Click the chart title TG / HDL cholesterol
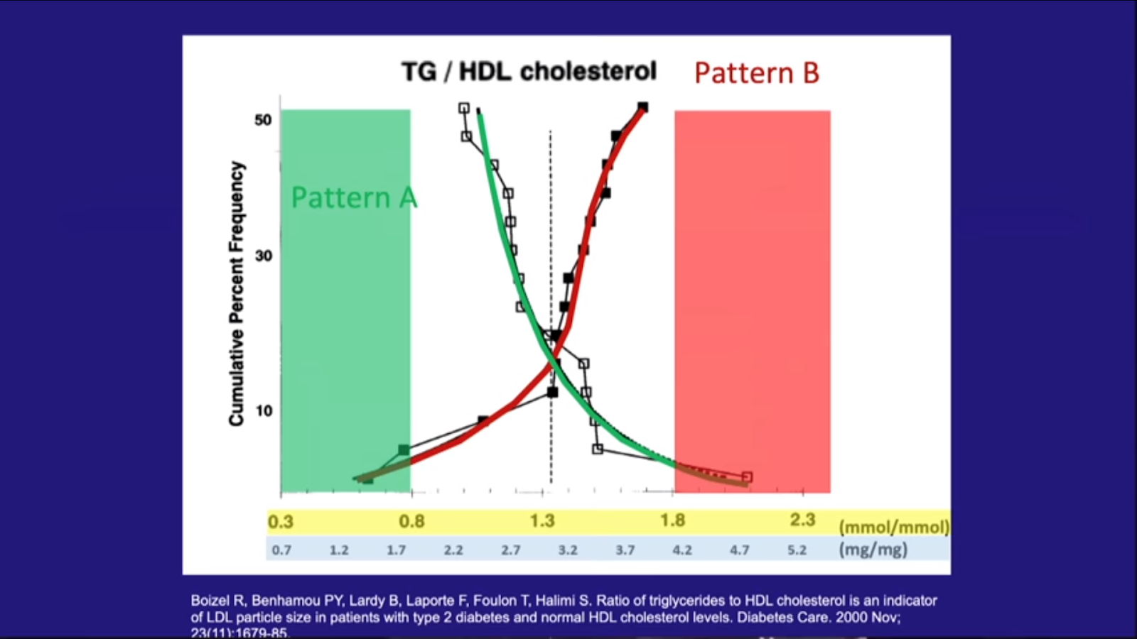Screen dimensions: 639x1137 click(x=529, y=72)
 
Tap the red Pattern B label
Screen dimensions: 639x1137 click(x=756, y=73)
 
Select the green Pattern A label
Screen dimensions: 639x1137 click(x=353, y=197)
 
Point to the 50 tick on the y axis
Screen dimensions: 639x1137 click(x=263, y=119)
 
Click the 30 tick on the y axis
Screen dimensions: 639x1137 click(x=263, y=256)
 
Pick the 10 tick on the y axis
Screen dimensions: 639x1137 click(x=264, y=410)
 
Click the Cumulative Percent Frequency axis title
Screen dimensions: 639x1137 click(x=236, y=293)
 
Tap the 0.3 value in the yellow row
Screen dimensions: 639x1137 click(x=281, y=522)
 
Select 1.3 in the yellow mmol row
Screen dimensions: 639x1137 click(x=542, y=521)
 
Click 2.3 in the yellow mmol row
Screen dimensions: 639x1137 click(x=802, y=520)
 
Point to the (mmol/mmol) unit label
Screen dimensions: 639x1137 click(x=893, y=527)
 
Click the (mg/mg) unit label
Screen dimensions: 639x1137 click(x=873, y=550)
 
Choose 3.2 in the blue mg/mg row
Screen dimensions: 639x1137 click(x=568, y=550)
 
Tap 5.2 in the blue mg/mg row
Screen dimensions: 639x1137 click(x=797, y=550)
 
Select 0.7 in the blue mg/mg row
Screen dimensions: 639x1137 click(x=281, y=550)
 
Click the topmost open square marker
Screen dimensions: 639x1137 click(x=464, y=109)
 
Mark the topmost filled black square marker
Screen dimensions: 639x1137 click(x=642, y=108)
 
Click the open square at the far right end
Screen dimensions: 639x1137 click(x=747, y=477)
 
